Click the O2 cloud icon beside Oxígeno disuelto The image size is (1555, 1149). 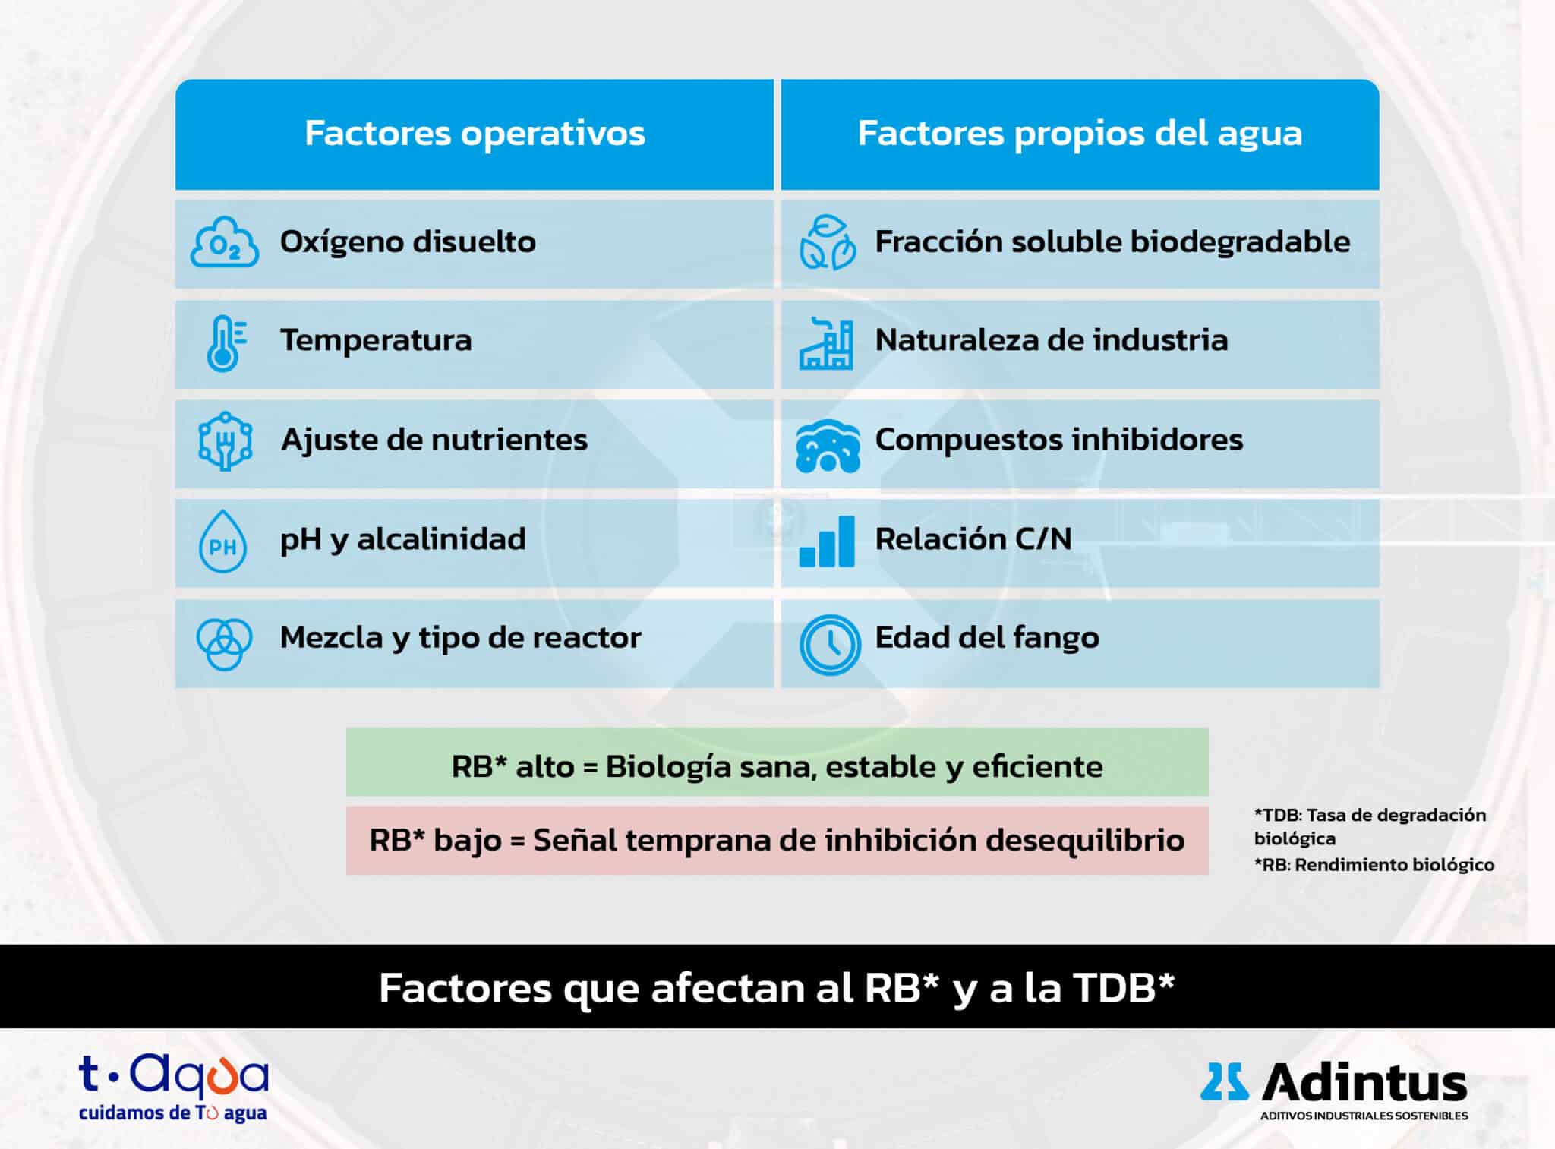tap(224, 241)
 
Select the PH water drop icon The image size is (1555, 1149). tap(222, 541)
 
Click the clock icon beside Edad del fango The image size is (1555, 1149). tap(829, 645)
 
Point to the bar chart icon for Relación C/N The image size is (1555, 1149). tap(827, 541)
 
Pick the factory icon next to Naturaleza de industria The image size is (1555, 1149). tap(826, 343)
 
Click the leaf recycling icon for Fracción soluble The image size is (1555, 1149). tap(828, 242)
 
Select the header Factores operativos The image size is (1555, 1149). tap(475, 134)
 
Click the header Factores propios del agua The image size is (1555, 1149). tap(1080, 134)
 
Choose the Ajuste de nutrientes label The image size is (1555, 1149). tap(434, 440)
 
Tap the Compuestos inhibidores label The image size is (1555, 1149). tap(1059, 440)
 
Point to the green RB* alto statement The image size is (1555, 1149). tap(777, 766)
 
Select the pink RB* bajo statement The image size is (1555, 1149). tap(777, 840)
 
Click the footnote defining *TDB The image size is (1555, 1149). tap(1370, 826)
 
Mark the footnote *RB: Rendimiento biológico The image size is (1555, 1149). tap(1374, 865)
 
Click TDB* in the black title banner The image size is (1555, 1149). tap(1124, 988)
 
